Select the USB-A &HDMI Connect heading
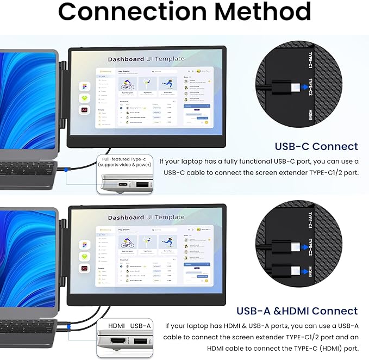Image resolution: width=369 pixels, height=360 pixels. (297, 311)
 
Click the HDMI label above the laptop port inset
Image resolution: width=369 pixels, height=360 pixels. (116, 325)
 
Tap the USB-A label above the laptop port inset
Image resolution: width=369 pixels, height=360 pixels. (140, 325)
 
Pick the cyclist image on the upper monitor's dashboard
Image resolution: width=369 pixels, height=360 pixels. (127, 84)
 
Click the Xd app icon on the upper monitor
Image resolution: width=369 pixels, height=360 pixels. (84, 109)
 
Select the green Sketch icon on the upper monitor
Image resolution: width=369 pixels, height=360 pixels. (84, 98)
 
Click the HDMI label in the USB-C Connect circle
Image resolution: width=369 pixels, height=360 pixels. (310, 115)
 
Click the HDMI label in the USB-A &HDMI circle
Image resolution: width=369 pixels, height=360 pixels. (310, 271)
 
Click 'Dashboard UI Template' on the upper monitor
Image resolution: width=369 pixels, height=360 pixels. (146, 59)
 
